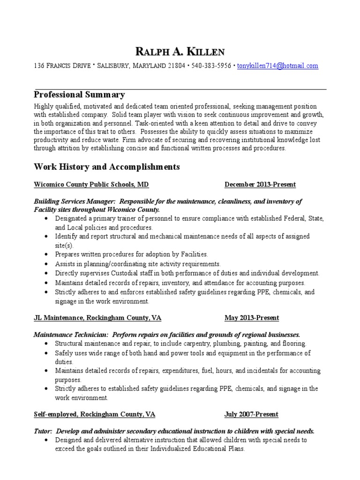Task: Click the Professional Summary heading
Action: click(x=79, y=95)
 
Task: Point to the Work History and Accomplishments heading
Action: click(x=106, y=167)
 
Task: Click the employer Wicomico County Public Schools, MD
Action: click(x=91, y=185)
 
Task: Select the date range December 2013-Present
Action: click(x=260, y=185)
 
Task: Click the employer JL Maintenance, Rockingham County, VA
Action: click(x=97, y=318)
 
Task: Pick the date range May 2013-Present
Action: click(x=252, y=318)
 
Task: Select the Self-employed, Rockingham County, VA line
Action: click(x=94, y=414)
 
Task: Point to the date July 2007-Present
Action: click(x=251, y=414)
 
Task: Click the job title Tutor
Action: click(x=43, y=431)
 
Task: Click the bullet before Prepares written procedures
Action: click(x=45, y=255)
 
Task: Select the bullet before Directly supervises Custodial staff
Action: click(x=45, y=273)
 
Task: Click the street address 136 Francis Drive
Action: click(x=63, y=66)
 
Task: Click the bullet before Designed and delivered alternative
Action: click(x=45, y=440)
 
